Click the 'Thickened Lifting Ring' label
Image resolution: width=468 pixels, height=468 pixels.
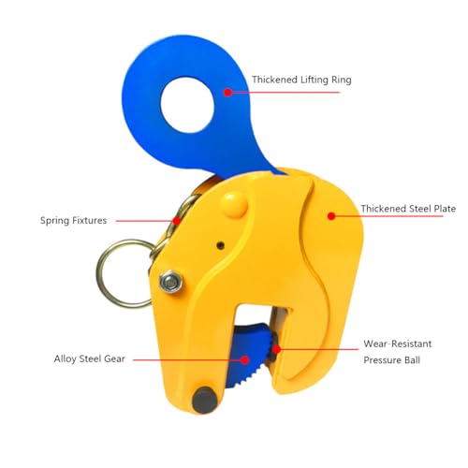pos(301,80)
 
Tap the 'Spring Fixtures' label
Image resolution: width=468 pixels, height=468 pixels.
pos(73,221)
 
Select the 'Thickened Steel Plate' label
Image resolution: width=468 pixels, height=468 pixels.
pos(408,209)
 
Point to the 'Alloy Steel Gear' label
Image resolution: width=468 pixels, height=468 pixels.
pos(90,358)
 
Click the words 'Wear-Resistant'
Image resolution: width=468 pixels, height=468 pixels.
pos(398,344)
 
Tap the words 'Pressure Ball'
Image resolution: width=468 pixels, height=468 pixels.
pos(391,360)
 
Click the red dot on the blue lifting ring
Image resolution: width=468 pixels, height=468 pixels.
pos(227,93)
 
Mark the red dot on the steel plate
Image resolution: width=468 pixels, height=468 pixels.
pos(331,216)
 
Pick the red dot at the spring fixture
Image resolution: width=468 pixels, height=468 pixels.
pos(177,221)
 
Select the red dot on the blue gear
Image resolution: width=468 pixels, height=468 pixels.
pos(245,360)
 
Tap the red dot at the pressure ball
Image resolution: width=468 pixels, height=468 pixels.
pos(276,349)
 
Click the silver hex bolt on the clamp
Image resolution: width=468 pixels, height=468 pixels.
pos(170,282)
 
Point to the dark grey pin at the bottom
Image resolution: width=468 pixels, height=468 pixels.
pos(205,401)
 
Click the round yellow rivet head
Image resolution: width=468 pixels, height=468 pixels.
pos(234,204)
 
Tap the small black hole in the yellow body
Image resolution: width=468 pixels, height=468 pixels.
pos(221,245)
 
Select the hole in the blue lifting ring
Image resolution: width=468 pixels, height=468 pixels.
pos(187,105)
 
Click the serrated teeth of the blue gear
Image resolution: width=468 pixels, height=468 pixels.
pos(265,358)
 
